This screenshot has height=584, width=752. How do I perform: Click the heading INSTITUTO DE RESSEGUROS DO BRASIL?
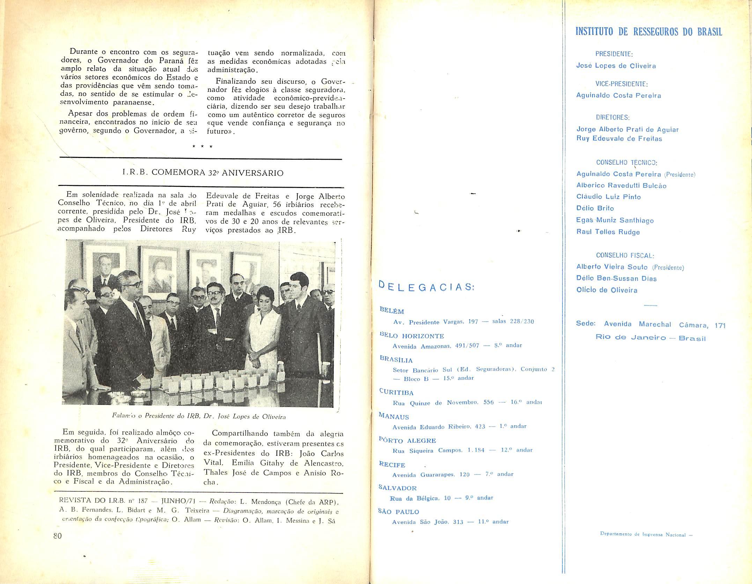coord(649,32)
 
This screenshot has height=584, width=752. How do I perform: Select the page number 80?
coord(58,545)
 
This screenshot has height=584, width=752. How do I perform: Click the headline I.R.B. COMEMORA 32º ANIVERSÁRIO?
coord(203,173)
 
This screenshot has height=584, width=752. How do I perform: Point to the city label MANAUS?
coord(394,416)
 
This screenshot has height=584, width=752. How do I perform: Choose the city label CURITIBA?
coord(396,392)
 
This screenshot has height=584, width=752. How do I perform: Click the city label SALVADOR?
coord(398,488)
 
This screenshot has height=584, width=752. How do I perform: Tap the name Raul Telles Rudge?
coord(608,232)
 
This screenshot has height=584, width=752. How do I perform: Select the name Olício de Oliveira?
coord(607,290)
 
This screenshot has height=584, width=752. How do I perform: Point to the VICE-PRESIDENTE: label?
coord(621,84)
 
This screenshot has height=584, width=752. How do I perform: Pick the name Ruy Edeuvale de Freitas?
coord(619,139)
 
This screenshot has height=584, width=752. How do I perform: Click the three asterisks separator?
coord(202,147)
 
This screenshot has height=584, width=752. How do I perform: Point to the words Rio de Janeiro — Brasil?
coord(650,338)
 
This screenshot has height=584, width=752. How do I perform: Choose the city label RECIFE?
coord(392,464)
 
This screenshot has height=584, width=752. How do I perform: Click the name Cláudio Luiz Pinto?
coord(609,197)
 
